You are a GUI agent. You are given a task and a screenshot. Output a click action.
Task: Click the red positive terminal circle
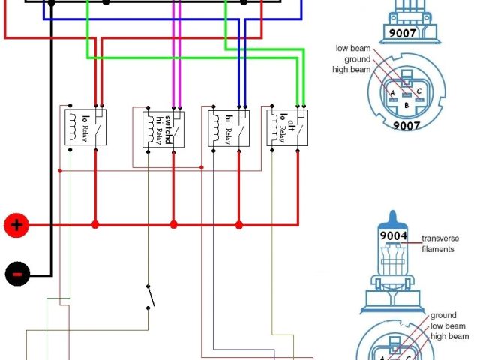click(x=16, y=224)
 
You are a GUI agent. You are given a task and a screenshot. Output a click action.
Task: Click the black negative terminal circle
click(x=16, y=273)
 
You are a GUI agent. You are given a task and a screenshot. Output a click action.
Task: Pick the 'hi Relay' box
click(x=228, y=127)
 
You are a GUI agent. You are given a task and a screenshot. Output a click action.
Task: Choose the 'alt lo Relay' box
click(x=289, y=127)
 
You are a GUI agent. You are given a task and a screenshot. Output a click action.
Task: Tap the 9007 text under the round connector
click(x=406, y=126)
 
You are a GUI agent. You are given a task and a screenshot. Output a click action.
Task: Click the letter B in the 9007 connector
click(x=406, y=106)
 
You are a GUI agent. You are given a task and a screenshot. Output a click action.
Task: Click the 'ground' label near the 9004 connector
click(x=443, y=316)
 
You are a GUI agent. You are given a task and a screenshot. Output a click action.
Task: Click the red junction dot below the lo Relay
click(x=95, y=224)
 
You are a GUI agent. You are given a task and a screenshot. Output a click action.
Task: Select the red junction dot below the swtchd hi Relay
click(x=173, y=224)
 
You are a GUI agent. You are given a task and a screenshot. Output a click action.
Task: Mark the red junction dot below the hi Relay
click(x=239, y=224)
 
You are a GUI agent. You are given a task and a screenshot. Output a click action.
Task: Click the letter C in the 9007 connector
click(x=418, y=92)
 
